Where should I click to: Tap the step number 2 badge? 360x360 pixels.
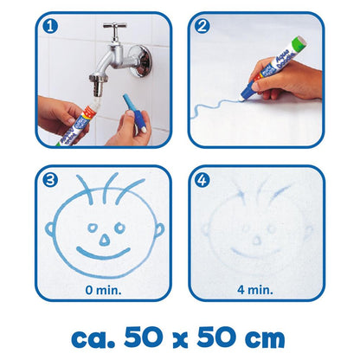coord(202,27)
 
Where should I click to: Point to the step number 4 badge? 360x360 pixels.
coord(202,182)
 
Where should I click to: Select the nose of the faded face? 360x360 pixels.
coord(256,234)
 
